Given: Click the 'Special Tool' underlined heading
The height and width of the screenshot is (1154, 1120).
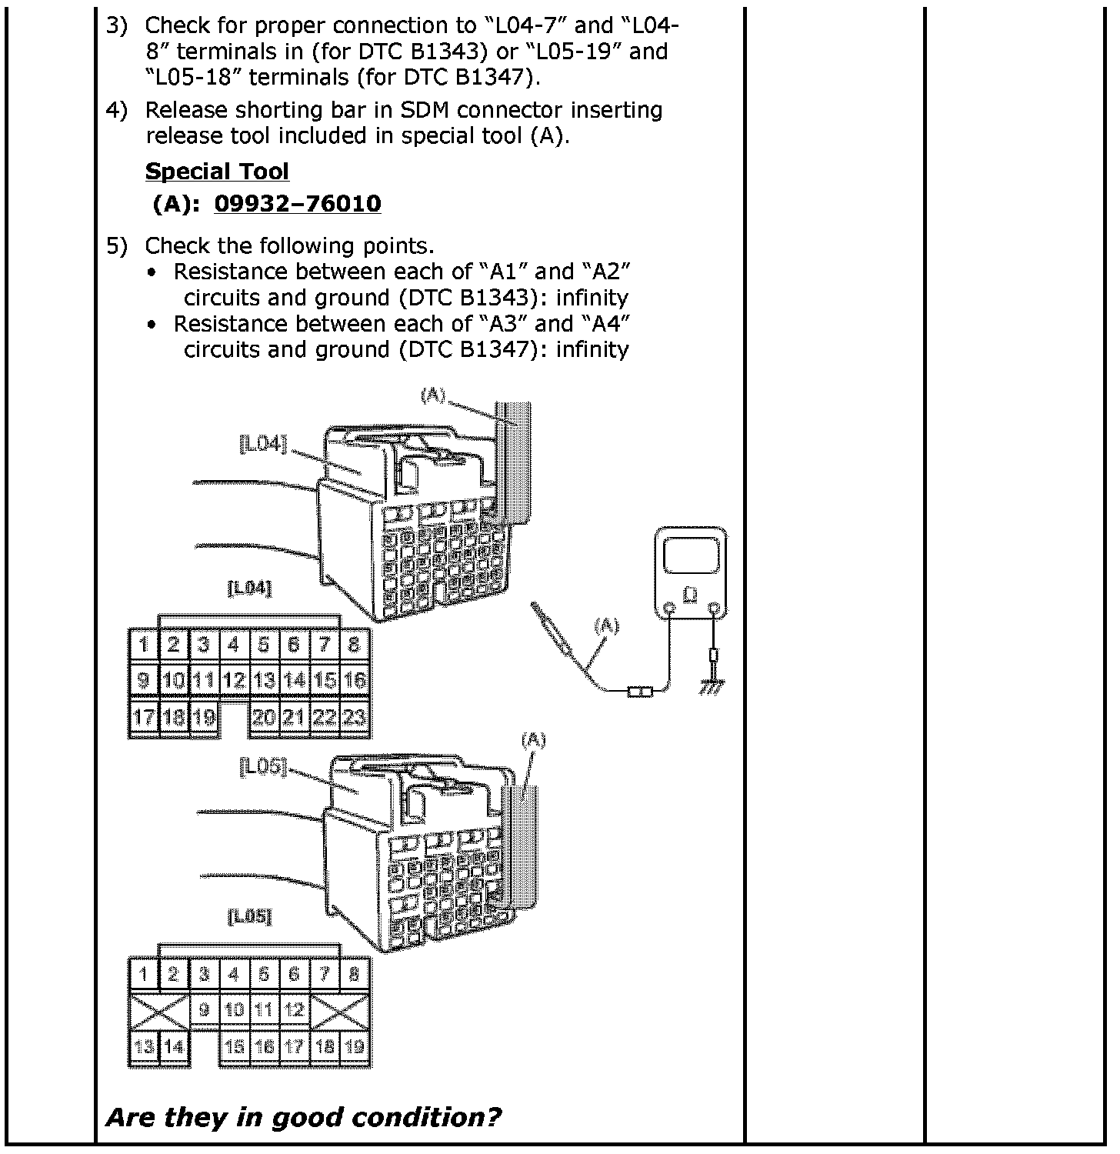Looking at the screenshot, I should coord(217,171).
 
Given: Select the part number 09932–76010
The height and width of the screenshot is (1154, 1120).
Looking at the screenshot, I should coord(297,204).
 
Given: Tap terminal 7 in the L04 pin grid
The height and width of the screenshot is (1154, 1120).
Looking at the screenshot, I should coord(324,644).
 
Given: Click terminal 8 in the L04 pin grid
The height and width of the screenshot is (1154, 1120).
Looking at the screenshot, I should coord(354,644).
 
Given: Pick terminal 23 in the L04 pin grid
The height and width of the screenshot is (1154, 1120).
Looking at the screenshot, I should coord(354,718).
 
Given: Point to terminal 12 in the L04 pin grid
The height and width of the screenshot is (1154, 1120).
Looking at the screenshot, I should coord(233,680).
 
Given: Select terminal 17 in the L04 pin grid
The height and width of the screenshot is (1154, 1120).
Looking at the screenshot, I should coord(144,718).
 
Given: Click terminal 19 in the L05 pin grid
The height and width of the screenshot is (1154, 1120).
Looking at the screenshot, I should coord(354,1046).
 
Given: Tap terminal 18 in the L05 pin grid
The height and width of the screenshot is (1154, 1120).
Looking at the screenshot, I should coord(324,1046).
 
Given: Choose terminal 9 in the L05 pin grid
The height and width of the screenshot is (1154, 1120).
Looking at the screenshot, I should coord(204,1009).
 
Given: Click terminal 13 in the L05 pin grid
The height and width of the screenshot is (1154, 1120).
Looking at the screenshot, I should coord(144,1046).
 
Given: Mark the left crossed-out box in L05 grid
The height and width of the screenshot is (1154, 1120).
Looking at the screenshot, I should coord(159,1009).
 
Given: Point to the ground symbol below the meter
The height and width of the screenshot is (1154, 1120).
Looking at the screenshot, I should coord(712,687).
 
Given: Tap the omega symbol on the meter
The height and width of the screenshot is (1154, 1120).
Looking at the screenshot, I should coord(691,595).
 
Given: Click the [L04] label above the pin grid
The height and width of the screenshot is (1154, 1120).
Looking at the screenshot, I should coord(250,589).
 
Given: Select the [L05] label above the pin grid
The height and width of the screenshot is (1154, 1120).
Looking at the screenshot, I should coord(250,916).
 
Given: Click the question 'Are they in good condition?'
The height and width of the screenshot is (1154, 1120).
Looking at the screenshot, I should coord(303,1117).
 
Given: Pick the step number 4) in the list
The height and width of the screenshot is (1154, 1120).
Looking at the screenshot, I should coord(116,110).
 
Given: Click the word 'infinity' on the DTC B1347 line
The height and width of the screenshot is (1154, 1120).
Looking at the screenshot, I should coord(592,349).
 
